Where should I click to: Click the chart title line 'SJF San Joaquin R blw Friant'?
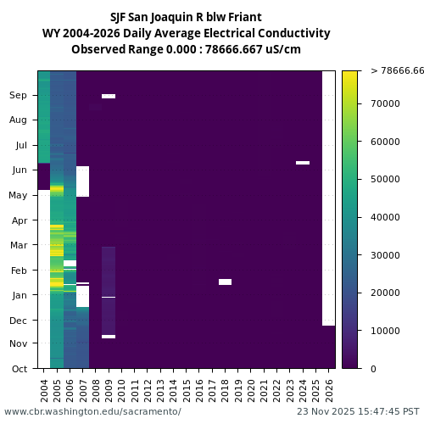point(186,17)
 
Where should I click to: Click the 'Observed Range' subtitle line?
point(186,49)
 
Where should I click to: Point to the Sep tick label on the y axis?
point(19,96)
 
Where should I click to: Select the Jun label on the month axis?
point(20,170)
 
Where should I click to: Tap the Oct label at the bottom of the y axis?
point(20,369)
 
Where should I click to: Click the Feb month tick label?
point(20,271)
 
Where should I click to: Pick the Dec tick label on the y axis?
point(19,321)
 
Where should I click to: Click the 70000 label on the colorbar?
point(386,103)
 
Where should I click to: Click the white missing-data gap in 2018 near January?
point(225,282)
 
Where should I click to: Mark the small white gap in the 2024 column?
point(303,162)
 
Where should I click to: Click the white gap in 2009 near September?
point(109,96)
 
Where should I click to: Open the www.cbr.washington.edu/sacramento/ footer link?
point(92,411)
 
